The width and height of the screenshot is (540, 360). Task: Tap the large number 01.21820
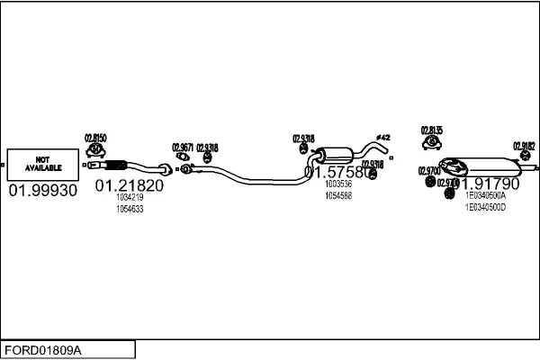pos(130,185)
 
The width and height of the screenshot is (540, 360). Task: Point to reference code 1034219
pos(130,197)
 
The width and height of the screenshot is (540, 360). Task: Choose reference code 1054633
pos(130,209)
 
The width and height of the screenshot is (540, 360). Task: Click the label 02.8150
pos(95,138)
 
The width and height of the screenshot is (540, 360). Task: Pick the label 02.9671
pos(183,147)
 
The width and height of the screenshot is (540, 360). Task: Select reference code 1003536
pos(338,184)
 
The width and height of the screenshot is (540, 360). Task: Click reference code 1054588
pos(338,195)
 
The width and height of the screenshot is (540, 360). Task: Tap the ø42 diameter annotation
pos(382,137)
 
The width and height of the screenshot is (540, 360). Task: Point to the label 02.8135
pos(432,130)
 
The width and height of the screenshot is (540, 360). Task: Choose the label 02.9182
pos(524,146)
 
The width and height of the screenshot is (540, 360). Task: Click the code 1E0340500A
pos(485,195)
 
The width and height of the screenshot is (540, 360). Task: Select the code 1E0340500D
pos(485,207)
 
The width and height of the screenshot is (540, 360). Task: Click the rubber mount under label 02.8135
pos(432,145)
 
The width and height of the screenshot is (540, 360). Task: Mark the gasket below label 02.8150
pos(96,149)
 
